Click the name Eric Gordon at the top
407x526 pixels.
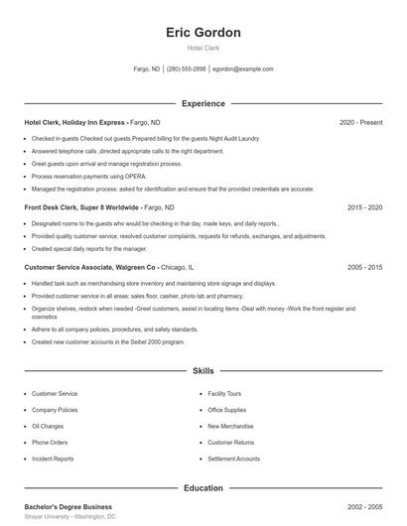pos(203,32)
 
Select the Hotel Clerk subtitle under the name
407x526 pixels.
pos(203,49)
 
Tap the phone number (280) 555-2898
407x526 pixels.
pos(187,69)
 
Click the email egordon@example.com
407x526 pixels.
pos(242,69)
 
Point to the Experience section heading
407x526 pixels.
pos(203,103)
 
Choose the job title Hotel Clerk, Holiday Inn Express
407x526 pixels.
pos(75,122)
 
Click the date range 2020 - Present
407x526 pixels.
pos(360,122)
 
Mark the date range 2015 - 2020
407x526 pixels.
pos(364,207)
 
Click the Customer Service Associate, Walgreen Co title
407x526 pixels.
pos(90,267)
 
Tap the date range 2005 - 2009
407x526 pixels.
pos(364,267)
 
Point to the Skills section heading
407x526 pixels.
pos(203,370)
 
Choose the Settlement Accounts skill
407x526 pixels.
pos(233,459)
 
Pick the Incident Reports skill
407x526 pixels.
pos(53,459)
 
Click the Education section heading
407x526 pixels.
pos(203,488)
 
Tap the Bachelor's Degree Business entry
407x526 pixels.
pos(68,507)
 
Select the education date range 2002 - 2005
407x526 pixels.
pos(364,507)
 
